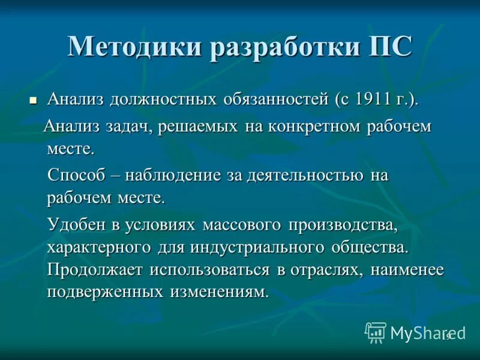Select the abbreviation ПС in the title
point(391,47)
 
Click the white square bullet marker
point(34,100)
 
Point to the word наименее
point(407,269)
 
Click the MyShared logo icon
point(376,332)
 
